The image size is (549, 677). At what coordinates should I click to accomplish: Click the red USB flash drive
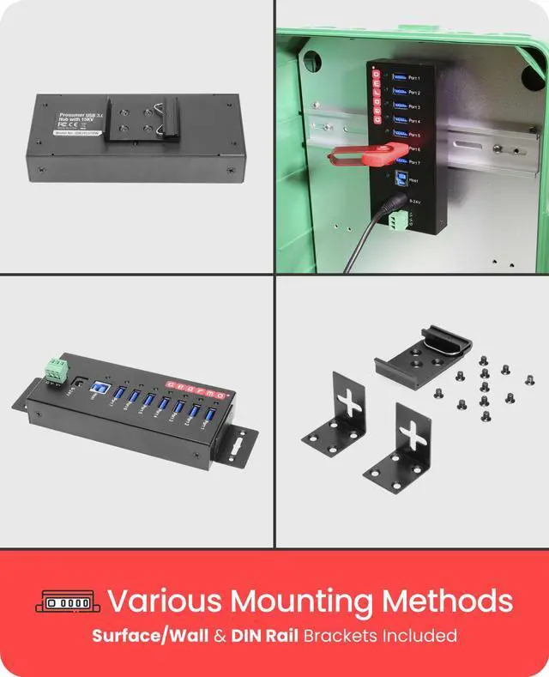(x=365, y=154)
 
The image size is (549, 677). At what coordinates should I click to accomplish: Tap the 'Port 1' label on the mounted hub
(x=414, y=78)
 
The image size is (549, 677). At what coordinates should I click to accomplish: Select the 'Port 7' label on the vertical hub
(x=414, y=162)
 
